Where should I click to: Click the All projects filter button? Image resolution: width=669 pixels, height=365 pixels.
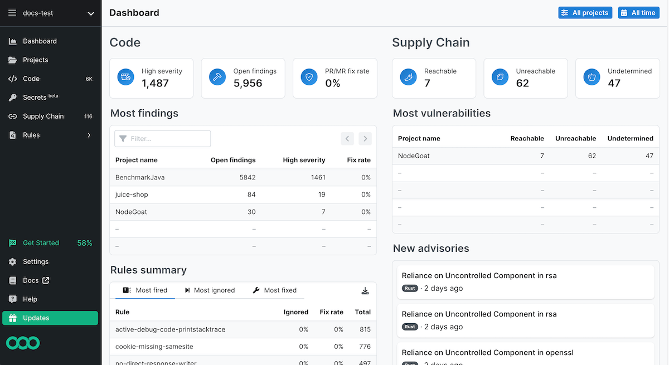pos(585,13)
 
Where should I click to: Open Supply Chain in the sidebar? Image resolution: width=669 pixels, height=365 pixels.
pos(43,116)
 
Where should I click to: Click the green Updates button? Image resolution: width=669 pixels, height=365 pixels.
pos(50,318)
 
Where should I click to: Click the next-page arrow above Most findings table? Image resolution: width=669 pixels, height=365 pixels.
pos(365,139)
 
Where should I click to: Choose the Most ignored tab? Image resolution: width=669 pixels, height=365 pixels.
pos(210,290)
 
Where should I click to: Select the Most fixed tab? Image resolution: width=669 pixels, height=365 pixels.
pos(275,290)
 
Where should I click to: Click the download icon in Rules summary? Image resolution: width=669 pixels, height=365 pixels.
pos(365,290)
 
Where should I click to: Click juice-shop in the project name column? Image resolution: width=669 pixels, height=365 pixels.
pos(132,194)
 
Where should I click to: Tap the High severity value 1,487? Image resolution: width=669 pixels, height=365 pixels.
pos(155,84)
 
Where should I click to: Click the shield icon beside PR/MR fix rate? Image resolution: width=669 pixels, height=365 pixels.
pos(309,77)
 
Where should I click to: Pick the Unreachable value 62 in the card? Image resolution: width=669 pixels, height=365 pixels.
pos(522,84)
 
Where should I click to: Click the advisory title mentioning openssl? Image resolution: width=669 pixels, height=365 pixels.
pos(487,352)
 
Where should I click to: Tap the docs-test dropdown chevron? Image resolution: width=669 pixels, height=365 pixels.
pos(91,13)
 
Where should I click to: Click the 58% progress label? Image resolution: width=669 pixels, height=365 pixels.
pos(84,243)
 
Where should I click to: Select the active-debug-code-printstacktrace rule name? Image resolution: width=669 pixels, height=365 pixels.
pos(170,329)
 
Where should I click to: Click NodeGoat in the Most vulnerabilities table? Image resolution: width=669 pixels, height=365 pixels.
pos(414,156)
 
